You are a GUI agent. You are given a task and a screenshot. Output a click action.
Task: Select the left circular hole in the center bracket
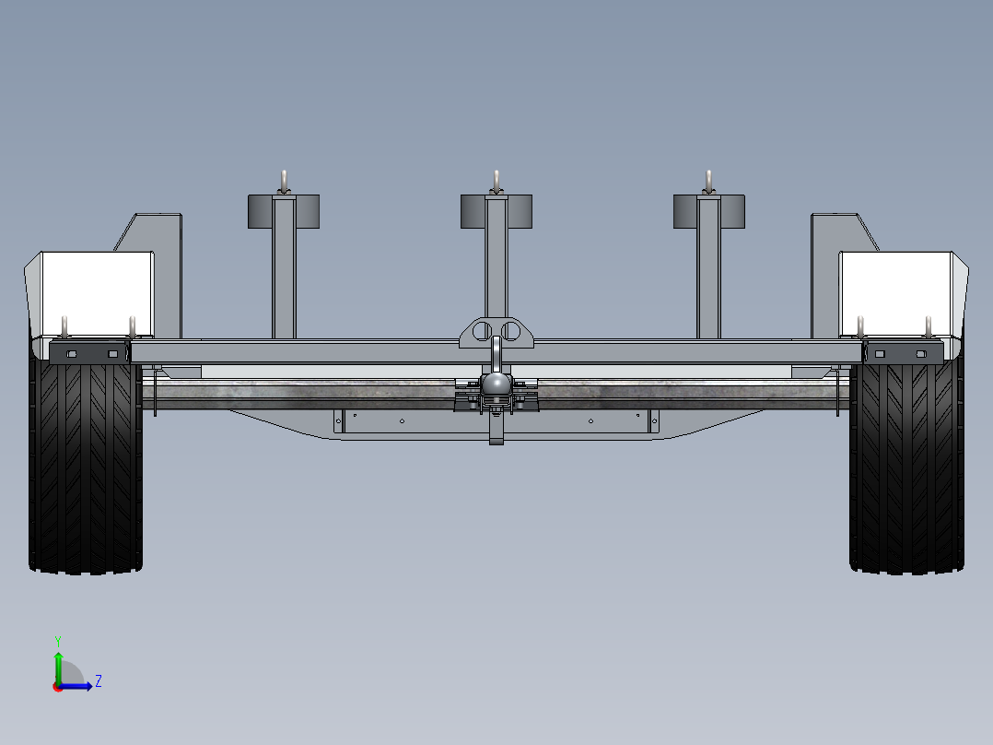click(x=483, y=330)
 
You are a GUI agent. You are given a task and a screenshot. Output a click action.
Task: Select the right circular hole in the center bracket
click(x=510, y=330)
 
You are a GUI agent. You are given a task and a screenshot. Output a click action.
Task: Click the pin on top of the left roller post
click(x=285, y=181)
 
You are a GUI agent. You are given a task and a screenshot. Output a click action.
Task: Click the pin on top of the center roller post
click(x=496, y=181)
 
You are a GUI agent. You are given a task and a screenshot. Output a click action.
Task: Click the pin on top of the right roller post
click(x=708, y=181)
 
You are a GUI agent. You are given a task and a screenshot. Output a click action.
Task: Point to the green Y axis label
click(x=57, y=639)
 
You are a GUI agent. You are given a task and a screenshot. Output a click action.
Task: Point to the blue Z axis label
click(x=99, y=682)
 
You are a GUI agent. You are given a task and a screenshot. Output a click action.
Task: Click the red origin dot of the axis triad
click(x=57, y=686)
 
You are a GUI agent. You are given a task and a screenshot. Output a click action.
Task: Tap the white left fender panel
click(x=92, y=293)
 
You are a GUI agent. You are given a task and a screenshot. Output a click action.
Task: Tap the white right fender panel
click(x=898, y=293)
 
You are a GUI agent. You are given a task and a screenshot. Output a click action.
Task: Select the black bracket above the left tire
click(x=88, y=352)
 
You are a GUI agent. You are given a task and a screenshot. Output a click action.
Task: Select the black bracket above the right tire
click(x=904, y=352)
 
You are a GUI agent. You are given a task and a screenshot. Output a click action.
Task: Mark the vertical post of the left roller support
click(x=284, y=277)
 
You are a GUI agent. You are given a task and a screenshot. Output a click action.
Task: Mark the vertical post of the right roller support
click(x=708, y=277)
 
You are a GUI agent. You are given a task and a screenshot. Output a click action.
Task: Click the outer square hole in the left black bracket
click(x=68, y=353)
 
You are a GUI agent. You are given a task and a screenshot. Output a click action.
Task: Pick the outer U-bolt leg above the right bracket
click(x=929, y=327)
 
